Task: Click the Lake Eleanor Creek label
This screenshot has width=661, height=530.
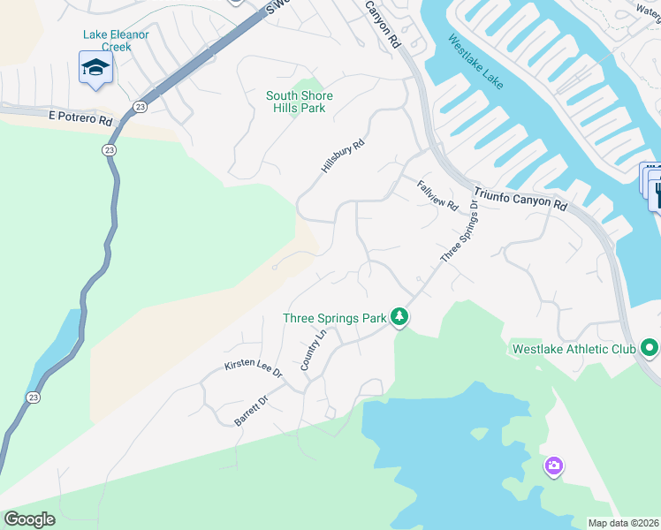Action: tap(116, 41)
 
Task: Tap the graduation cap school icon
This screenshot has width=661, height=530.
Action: tap(95, 68)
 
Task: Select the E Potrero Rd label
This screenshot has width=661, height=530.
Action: tap(81, 117)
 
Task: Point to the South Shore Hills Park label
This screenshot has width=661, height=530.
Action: tap(296, 102)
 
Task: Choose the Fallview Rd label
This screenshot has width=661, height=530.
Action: tap(437, 193)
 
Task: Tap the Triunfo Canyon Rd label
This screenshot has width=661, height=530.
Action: tap(520, 197)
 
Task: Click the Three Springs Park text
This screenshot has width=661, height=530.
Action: tap(335, 318)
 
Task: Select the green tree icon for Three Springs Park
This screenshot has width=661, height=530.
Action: tap(399, 316)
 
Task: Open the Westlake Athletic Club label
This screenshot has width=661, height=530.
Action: tap(574, 349)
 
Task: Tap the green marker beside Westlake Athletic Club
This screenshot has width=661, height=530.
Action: tap(650, 348)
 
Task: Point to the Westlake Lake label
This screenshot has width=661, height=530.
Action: tap(475, 62)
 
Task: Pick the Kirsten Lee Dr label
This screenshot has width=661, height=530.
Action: tap(253, 369)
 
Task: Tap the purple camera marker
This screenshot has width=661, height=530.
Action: tap(553, 466)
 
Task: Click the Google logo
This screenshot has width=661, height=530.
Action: tap(29, 519)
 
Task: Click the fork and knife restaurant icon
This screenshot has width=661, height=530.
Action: tap(655, 194)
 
